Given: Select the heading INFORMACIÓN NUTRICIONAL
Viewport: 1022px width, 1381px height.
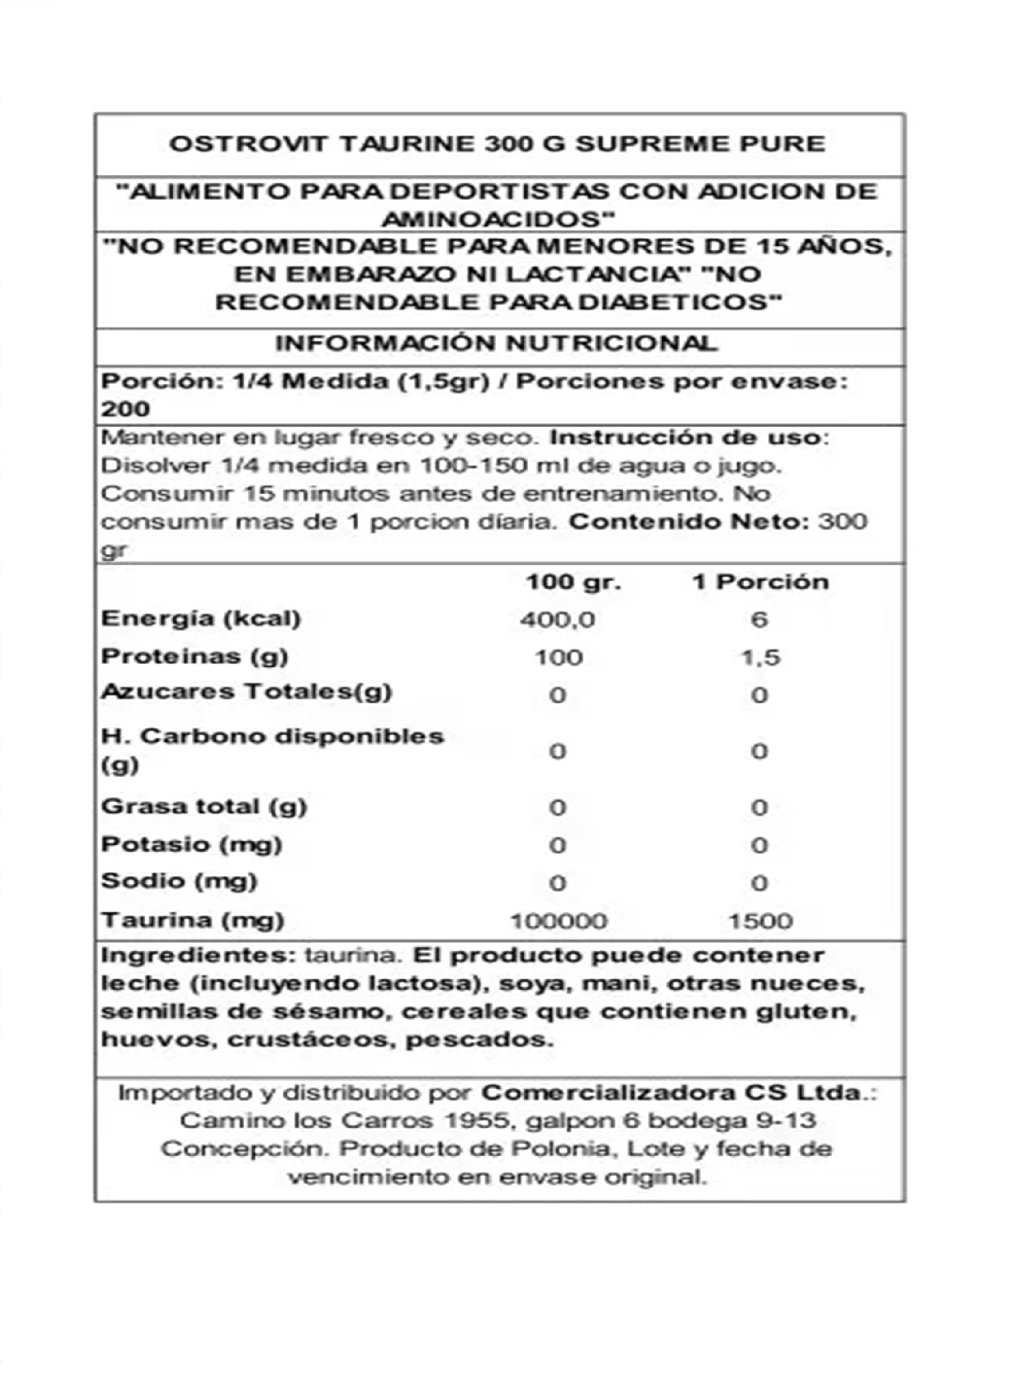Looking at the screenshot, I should [x=497, y=343].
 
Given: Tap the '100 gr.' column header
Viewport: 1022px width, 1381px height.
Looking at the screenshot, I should [x=573, y=582].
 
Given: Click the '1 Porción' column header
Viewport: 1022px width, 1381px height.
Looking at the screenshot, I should [x=760, y=582].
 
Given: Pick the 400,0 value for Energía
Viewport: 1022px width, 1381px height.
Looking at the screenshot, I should [x=557, y=619].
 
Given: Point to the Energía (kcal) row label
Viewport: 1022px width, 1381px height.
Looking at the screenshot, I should [x=201, y=618].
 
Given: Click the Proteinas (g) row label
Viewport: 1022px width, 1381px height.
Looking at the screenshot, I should [x=195, y=656].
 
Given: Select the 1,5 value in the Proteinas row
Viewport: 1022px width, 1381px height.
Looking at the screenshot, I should [x=761, y=658].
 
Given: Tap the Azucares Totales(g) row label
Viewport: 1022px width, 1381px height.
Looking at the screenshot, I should [x=246, y=692].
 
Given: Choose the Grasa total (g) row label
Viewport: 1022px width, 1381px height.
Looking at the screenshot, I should [x=204, y=807].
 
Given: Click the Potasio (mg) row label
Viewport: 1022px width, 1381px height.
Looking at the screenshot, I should [x=192, y=845].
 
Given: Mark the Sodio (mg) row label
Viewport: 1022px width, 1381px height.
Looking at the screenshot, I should [x=179, y=881].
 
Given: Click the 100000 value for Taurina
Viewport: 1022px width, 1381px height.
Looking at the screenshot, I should [x=558, y=921].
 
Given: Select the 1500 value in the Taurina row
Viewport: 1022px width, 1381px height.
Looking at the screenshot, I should [x=761, y=921].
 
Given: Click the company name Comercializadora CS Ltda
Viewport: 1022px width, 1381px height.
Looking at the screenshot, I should [x=671, y=1093].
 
